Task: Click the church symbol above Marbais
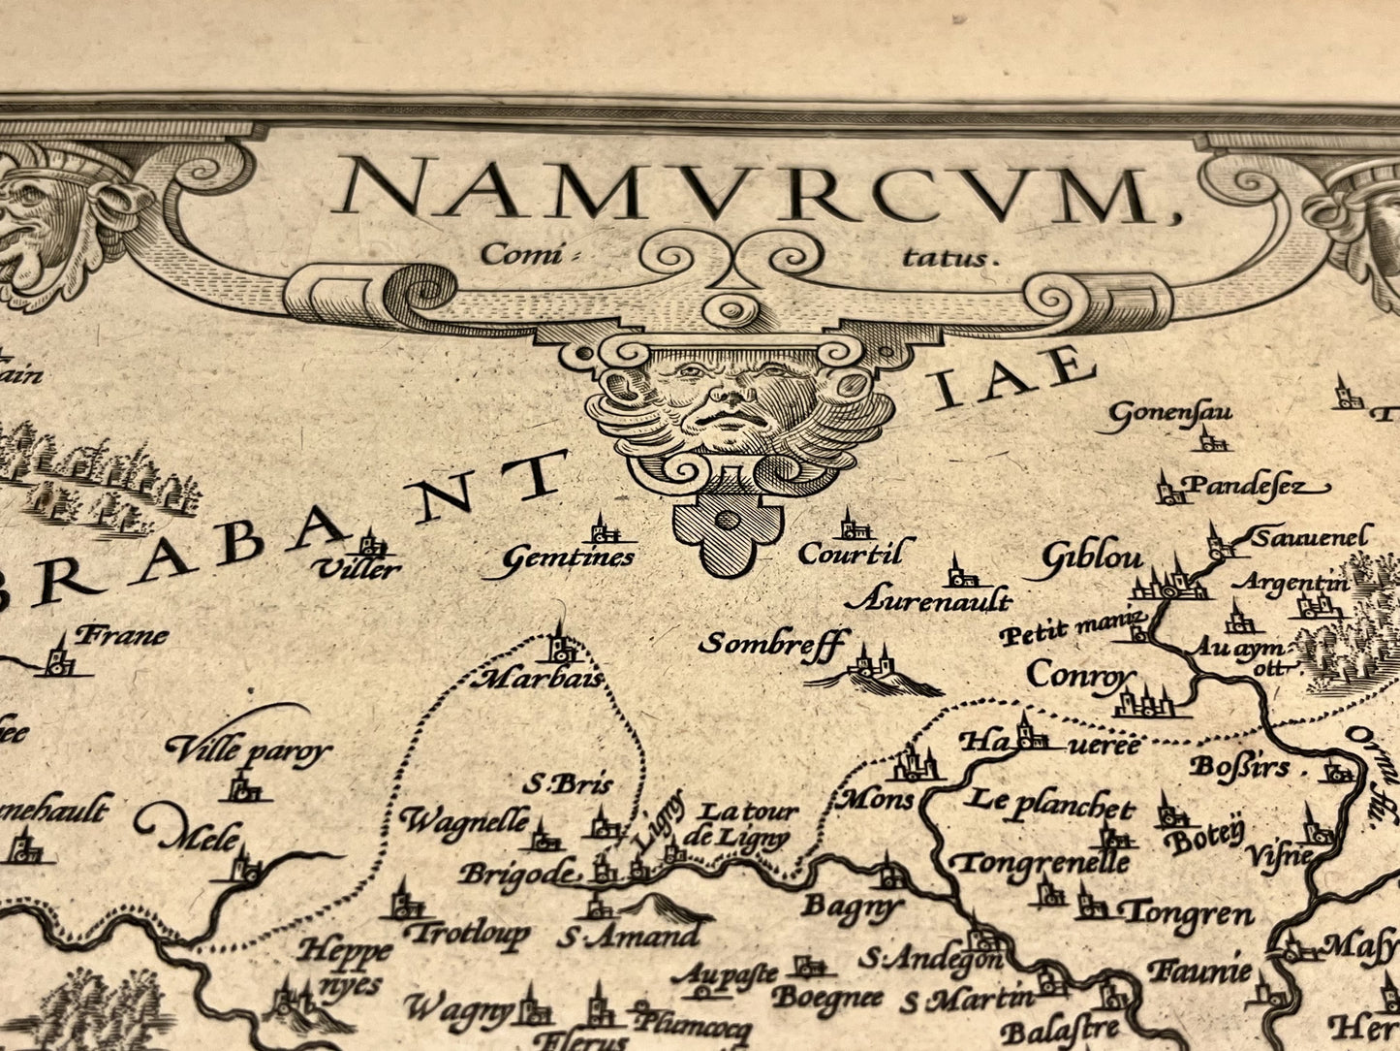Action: click(559, 644)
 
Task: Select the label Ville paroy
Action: click(250, 751)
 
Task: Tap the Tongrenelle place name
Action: click(1042, 861)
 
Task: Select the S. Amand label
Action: click(628, 937)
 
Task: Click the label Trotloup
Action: click(468, 934)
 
